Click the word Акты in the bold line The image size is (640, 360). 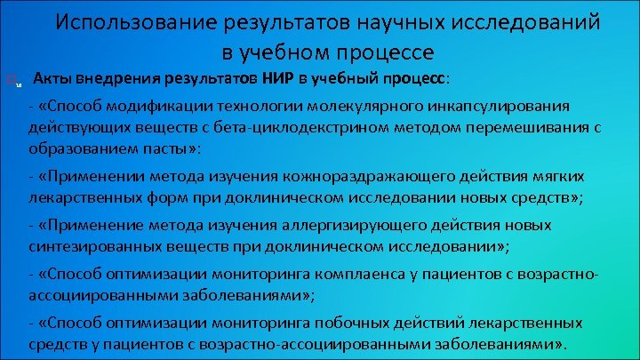(50, 78)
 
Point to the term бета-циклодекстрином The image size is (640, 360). (277, 127)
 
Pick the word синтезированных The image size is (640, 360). (94, 245)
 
